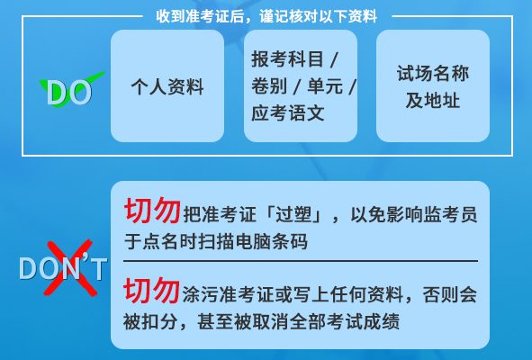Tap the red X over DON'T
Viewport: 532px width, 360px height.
click(70, 267)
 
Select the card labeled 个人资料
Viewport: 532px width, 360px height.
click(167, 85)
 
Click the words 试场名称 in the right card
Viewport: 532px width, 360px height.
click(433, 73)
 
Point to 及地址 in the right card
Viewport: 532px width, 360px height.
click(433, 101)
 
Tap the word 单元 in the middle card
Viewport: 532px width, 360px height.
click(325, 86)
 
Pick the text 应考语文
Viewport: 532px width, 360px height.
click(288, 113)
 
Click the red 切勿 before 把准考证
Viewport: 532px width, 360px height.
click(152, 211)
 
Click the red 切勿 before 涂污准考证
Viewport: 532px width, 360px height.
click(151, 290)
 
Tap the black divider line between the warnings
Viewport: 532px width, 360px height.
click(301, 261)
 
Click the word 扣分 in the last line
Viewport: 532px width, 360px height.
click(159, 321)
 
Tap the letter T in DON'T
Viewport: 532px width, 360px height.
click(98, 269)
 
